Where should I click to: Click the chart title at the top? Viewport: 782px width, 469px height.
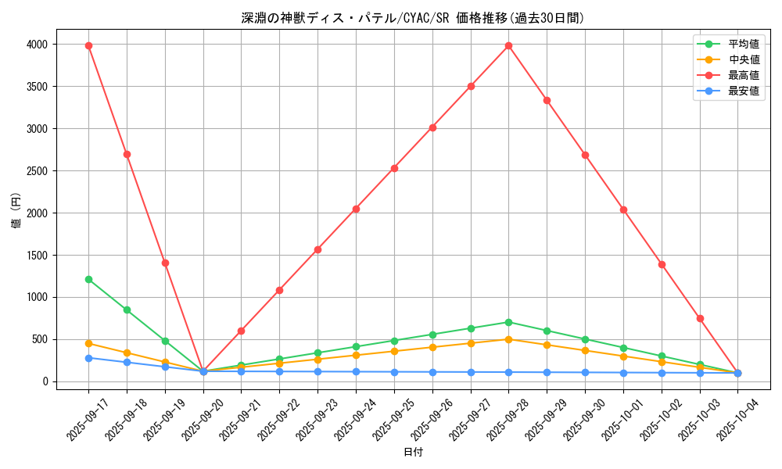pyautogui.click(x=412, y=18)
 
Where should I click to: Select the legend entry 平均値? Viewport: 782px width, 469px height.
pyautogui.click(x=744, y=45)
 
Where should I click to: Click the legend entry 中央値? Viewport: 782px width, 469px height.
pyautogui.click(x=744, y=60)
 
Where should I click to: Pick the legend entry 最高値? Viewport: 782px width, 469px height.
pyautogui.click(x=744, y=76)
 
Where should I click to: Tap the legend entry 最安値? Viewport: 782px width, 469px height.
pyautogui.click(x=744, y=91)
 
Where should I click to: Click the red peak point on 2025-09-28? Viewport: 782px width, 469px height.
pyautogui.click(x=508, y=45)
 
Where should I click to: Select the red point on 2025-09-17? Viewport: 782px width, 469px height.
pyautogui.click(x=88, y=45)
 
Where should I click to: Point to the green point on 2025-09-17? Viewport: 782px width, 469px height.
pyautogui.click(x=88, y=279)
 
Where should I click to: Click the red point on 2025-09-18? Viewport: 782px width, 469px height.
pyautogui.click(x=127, y=154)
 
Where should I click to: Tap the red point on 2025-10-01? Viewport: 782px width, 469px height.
pyautogui.click(x=623, y=209)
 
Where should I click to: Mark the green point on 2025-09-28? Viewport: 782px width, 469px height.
pyautogui.click(x=508, y=322)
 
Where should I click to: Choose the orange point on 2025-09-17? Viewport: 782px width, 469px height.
pyautogui.click(x=88, y=343)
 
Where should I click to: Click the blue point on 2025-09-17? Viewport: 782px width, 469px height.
pyautogui.click(x=88, y=358)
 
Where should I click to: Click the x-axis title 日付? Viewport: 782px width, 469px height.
pyautogui.click(x=413, y=453)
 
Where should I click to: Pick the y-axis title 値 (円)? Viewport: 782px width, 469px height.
pyautogui.click(x=16, y=213)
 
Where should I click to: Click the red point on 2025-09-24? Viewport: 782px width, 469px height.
pyautogui.click(x=356, y=209)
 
